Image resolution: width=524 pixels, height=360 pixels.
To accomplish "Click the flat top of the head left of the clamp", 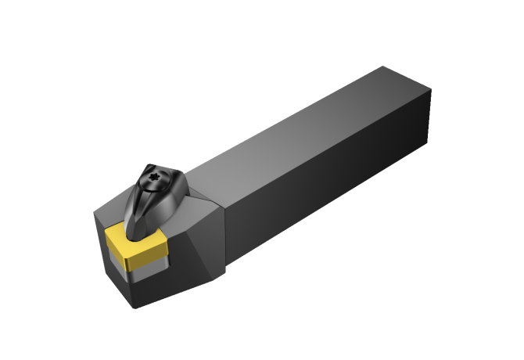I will (x=113, y=207).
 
